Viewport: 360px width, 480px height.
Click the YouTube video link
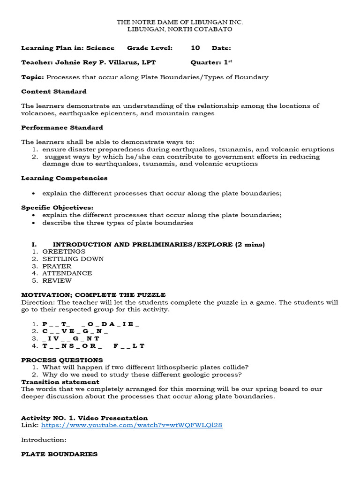click(x=132, y=425)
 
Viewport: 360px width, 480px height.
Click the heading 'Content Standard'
click(x=54, y=91)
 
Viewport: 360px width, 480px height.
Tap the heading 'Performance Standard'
click(x=62, y=127)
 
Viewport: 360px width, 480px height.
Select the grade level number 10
click(x=195, y=48)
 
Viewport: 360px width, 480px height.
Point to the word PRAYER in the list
click(x=57, y=266)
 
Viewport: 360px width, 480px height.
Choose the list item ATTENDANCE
click(x=67, y=273)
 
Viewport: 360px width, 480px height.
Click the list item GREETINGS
click(x=64, y=251)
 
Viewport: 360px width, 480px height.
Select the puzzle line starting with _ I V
click(x=71, y=338)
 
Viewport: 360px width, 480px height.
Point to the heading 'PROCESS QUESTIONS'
click(x=62, y=360)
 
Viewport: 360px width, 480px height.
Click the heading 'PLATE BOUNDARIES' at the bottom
click(x=60, y=454)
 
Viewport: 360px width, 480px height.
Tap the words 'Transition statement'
click(x=60, y=382)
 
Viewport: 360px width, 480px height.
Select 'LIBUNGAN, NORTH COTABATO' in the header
click(x=180, y=29)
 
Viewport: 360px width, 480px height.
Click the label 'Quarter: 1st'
click(x=212, y=62)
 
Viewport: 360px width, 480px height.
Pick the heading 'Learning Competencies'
click(x=64, y=178)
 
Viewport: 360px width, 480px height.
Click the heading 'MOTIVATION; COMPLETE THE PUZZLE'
click(x=93, y=295)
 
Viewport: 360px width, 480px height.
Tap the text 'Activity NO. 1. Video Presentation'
click(x=84, y=418)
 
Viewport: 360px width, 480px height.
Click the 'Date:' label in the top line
click(x=221, y=48)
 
